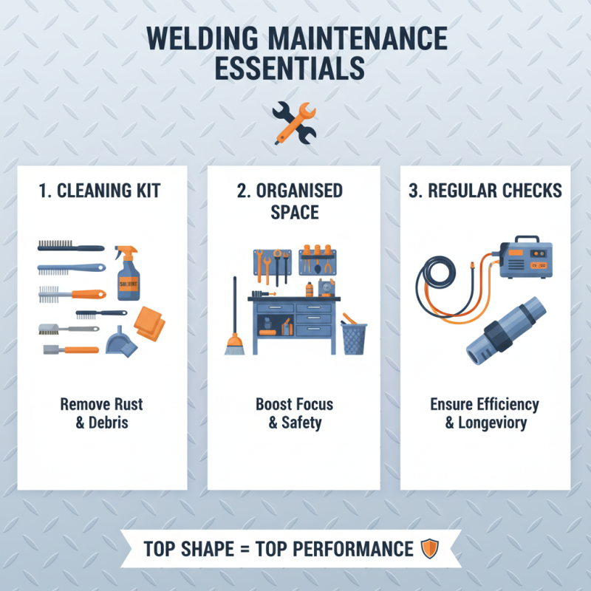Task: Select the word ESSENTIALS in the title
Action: point(295,68)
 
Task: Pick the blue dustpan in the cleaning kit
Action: point(117,341)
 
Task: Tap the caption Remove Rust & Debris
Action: point(102,414)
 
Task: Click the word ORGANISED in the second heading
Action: point(299,191)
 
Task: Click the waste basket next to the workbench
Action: point(354,338)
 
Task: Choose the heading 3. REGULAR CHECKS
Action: point(485,191)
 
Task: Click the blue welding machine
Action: point(525,258)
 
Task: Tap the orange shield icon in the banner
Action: point(429,549)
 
